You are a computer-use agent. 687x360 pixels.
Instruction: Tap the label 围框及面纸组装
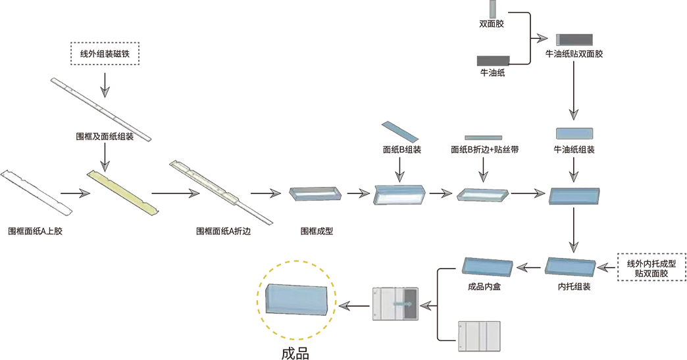(x=105, y=137)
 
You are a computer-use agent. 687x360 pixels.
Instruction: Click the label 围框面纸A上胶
(x=35, y=231)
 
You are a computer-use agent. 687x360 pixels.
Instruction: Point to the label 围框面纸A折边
(x=223, y=231)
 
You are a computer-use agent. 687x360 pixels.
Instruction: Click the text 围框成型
(x=317, y=231)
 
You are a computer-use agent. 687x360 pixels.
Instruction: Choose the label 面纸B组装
(x=402, y=150)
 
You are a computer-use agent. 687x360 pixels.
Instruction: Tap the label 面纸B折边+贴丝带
(x=484, y=150)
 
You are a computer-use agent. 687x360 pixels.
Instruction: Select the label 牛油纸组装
(x=574, y=150)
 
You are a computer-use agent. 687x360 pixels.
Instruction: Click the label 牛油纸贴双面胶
(x=574, y=54)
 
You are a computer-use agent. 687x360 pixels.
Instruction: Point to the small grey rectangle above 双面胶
(x=492, y=9)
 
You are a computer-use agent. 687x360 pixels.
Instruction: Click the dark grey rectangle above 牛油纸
(x=494, y=61)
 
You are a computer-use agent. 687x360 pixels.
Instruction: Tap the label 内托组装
(x=574, y=287)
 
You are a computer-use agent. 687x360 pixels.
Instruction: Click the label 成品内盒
(x=484, y=287)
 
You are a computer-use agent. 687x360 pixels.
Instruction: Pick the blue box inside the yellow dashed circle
(x=297, y=299)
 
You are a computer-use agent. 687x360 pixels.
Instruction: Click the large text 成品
(x=295, y=353)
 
